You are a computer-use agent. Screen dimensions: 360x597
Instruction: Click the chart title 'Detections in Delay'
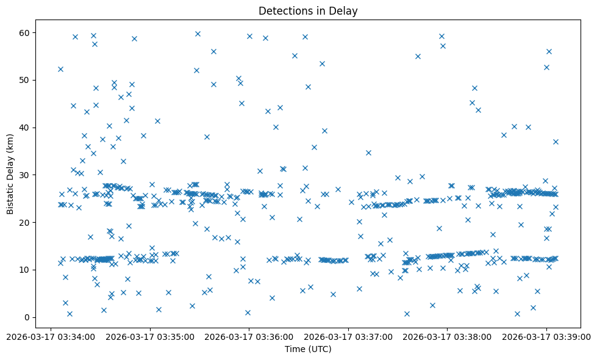[x=308, y=11]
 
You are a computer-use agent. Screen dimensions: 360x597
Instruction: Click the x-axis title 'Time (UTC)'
[x=308, y=349]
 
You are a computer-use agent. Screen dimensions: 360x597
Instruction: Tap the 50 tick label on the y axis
[x=26, y=80]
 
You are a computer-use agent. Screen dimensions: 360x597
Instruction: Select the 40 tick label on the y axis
[x=26, y=128]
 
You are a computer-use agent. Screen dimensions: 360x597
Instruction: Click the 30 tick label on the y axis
[x=26, y=175]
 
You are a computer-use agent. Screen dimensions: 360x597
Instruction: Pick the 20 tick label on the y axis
[x=26, y=222]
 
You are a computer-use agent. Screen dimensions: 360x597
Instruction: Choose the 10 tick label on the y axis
[x=26, y=270]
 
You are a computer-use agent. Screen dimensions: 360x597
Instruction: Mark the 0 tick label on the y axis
[x=28, y=317]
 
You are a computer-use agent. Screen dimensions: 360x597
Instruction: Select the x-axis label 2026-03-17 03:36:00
[x=249, y=336]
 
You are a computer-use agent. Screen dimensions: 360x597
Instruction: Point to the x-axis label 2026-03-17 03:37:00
[x=348, y=336]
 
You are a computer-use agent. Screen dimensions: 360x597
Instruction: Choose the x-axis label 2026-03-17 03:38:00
[x=447, y=336]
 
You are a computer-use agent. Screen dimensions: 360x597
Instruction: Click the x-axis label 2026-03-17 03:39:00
[x=546, y=336]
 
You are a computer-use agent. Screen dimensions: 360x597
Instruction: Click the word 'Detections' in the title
[x=284, y=11]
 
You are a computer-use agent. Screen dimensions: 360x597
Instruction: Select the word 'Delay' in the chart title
[x=345, y=11]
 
